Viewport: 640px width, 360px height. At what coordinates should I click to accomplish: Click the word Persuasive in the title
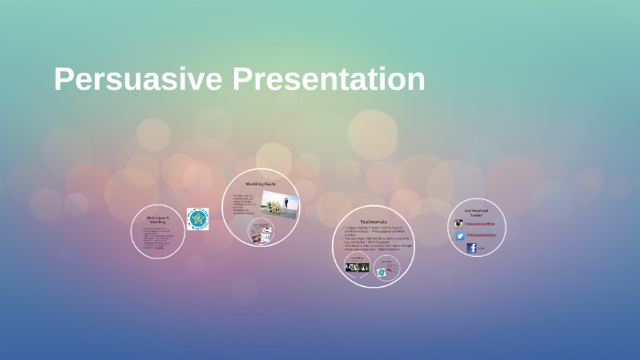tap(138, 79)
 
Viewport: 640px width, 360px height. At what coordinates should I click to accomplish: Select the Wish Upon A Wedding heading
tap(157, 219)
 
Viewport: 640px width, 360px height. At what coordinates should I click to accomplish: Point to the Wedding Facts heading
tap(261, 184)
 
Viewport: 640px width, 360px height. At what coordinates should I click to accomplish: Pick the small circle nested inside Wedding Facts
tap(261, 233)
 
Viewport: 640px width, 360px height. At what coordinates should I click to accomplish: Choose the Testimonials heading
tap(372, 222)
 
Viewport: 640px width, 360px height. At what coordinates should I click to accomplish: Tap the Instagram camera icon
tap(459, 223)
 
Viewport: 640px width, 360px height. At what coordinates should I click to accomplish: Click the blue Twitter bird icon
tap(460, 236)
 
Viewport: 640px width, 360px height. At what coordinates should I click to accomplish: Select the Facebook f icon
tap(472, 248)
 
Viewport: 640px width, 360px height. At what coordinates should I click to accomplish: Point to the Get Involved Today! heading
tap(477, 212)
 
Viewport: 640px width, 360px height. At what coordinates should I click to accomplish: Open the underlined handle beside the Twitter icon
tap(481, 236)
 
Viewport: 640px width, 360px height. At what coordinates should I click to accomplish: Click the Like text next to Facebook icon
tap(482, 248)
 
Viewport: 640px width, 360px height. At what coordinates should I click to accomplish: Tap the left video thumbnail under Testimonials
tap(357, 267)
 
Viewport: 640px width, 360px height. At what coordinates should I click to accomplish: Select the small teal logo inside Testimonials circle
tap(381, 271)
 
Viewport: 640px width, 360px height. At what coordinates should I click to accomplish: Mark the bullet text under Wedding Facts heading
tap(244, 206)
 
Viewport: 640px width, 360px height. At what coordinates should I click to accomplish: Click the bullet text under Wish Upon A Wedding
tap(156, 238)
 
